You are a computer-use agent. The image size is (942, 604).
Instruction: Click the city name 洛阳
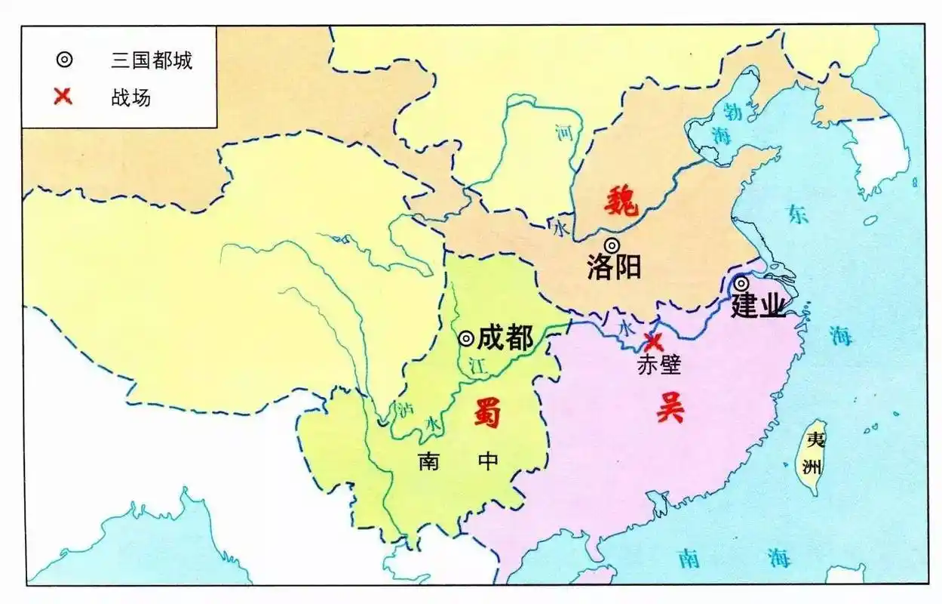coord(614,267)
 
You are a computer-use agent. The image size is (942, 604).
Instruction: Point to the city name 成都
coord(505,337)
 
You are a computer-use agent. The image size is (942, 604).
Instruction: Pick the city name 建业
coord(758,306)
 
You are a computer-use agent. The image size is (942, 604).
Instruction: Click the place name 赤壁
coord(659,365)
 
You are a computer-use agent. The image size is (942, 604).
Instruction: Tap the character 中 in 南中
coord(488,461)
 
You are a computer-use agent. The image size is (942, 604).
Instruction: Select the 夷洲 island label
coord(813,453)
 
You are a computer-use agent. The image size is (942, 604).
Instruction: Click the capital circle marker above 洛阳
coord(612,245)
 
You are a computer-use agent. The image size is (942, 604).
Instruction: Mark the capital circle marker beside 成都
coord(467,338)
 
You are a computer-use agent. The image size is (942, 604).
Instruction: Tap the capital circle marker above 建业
coord(741,283)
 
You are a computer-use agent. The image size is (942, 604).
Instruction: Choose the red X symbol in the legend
coord(63,97)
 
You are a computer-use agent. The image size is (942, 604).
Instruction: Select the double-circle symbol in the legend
coord(63,60)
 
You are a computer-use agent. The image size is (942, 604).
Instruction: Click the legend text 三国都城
coord(152,60)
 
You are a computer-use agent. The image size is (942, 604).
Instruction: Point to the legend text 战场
coord(130,97)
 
